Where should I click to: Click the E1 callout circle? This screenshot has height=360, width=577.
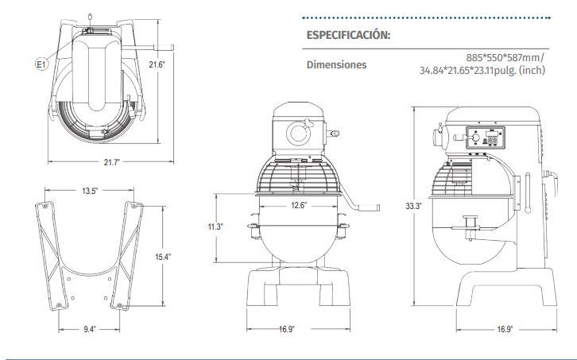pyautogui.click(x=41, y=65)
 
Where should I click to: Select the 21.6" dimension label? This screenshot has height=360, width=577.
pyautogui.click(x=157, y=65)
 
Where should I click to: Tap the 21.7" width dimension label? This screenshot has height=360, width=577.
pyautogui.click(x=112, y=162)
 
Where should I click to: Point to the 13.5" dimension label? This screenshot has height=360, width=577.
pyautogui.click(x=90, y=191)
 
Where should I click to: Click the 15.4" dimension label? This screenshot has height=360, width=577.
pyautogui.click(x=163, y=257)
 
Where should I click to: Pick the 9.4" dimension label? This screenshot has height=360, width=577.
pyautogui.click(x=90, y=329)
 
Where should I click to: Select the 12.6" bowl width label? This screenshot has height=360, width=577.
pyautogui.click(x=299, y=205)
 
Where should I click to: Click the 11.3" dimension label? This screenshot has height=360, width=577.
pyautogui.click(x=215, y=226)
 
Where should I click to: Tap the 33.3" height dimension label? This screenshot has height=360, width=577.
pyautogui.click(x=413, y=206)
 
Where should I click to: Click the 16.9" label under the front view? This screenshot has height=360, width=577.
pyautogui.click(x=286, y=329)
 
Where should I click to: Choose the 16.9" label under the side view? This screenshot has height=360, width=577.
pyautogui.click(x=505, y=329)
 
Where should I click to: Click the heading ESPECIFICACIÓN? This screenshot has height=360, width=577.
pyautogui.click(x=348, y=35)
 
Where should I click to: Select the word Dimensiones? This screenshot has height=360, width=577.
pyautogui.click(x=337, y=65)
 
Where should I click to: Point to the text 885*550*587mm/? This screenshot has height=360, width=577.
pyautogui.click(x=505, y=58)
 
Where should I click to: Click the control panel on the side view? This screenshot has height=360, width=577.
pyautogui.click(x=486, y=138)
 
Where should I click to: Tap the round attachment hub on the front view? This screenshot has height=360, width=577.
pyautogui.click(x=298, y=134)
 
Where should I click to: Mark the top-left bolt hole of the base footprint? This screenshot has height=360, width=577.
pyautogui.click(x=45, y=206)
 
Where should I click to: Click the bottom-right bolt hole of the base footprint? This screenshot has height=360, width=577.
pyautogui.click(x=119, y=305)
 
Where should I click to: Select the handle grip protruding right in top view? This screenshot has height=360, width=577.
pyautogui.click(x=165, y=48)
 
